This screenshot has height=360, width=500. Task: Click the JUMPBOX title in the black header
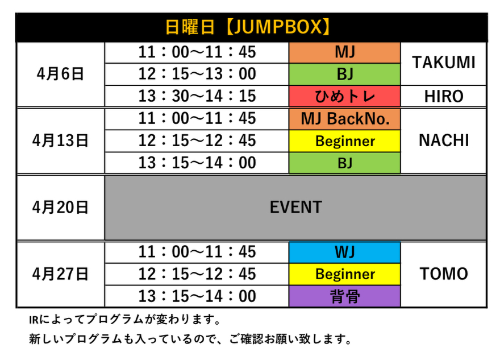[x=248, y=27]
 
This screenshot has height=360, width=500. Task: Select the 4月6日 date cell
[x=61, y=74]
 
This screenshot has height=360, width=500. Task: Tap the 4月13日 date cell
[x=61, y=140]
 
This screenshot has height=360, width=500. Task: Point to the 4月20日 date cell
[x=61, y=208]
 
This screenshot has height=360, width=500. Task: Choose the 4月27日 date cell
[x=61, y=274]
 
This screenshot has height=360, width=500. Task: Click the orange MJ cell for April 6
[x=345, y=52]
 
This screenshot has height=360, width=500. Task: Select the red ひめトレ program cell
[x=345, y=96]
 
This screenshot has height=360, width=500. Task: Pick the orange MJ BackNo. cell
[x=345, y=119]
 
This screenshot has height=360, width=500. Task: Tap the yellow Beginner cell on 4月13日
[x=345, y=140]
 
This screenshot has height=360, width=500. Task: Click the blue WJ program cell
[x=345, y=252]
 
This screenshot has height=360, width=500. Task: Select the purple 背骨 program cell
[x=345, y=296]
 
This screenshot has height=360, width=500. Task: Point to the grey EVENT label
[x=296, y=208]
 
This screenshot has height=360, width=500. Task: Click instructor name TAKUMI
[x=444, y=63]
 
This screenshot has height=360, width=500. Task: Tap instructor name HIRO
[x=444, y=96]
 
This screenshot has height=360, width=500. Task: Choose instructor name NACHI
[x=444, y=140]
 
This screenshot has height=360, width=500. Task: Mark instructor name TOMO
[x=444, y=274]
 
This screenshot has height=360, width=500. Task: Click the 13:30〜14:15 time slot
[x=197, y=96]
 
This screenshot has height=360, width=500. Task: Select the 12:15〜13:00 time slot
[x=197, y=74]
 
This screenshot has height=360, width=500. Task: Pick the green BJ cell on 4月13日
[x=345, y=163]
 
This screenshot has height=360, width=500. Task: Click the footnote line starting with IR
[x=125, y=319]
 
